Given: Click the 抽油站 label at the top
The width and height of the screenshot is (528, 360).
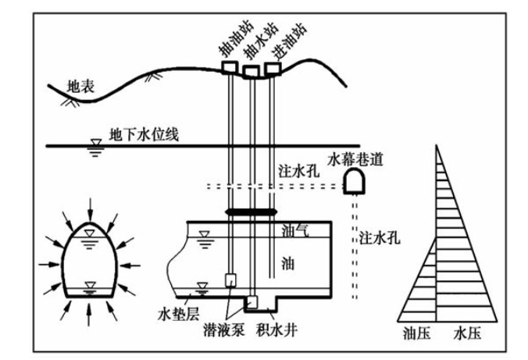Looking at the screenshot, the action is (236, 40).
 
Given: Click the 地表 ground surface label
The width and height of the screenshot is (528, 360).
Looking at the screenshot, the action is (80, 87).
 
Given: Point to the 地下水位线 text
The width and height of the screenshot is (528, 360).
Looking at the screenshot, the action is (144, 135).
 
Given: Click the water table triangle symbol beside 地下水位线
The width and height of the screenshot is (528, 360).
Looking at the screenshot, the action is (96, 143).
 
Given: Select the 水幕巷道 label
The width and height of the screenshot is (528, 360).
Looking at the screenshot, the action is (355, 159).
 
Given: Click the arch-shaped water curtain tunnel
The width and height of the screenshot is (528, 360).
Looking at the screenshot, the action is (355, 181).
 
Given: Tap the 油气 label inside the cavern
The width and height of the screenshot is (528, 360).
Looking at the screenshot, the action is (296, 230).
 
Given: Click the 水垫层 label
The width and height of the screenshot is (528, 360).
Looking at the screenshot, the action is (179, 314).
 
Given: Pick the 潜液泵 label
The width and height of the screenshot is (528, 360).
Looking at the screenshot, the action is (224, 330).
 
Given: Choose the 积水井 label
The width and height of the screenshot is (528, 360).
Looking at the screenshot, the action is (277, 330).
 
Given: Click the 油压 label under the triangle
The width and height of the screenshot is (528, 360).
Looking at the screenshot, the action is (417, 333).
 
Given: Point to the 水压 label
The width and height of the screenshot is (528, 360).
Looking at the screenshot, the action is (467, 333).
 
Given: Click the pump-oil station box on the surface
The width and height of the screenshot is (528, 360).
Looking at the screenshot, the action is (230, 66).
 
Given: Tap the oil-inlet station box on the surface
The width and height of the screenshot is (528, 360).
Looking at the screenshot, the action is (273, 68).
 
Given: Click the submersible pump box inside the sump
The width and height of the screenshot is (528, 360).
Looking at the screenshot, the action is (252, 301).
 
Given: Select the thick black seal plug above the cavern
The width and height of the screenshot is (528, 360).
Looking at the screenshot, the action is (252, 212).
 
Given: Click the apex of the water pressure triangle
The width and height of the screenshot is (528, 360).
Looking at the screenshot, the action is (437, 145).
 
